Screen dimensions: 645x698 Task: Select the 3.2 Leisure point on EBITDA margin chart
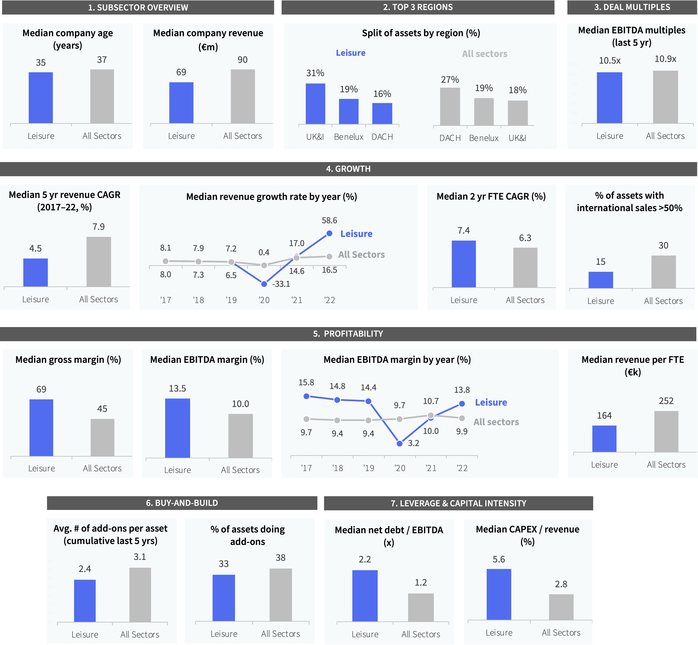click(400, 444)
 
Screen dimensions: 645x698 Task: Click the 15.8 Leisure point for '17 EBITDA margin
click(306, 396)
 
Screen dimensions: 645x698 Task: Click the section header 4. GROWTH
click(348, 169)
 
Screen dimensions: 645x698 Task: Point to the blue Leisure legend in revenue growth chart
click(356, 234)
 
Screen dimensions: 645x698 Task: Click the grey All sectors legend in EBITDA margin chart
click(496, 422)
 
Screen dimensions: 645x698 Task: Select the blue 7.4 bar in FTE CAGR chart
click(464, 264)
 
